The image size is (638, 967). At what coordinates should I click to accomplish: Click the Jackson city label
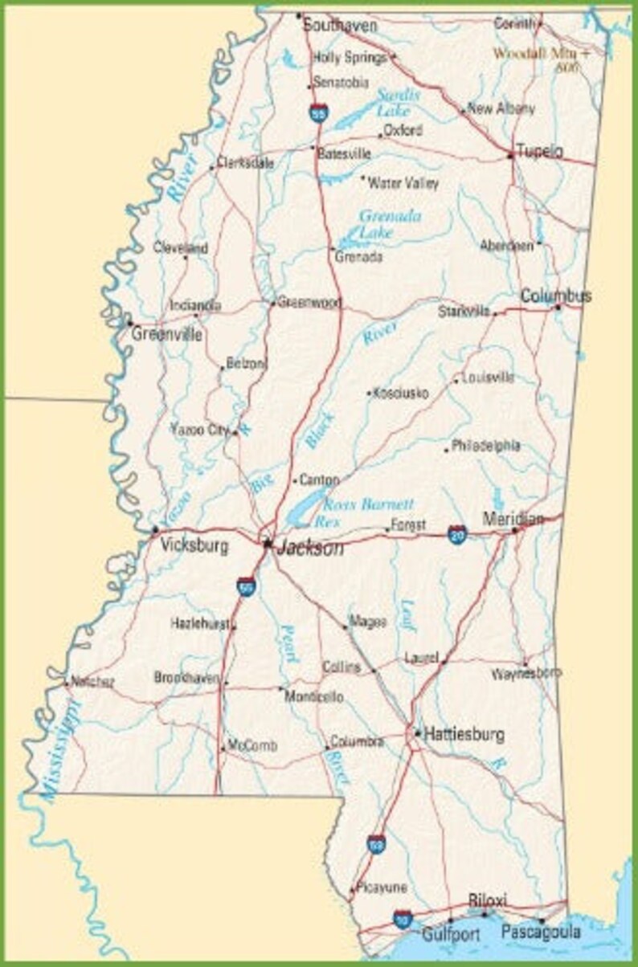coord(310,549)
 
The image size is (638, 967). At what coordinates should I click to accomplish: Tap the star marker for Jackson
coord(268,543)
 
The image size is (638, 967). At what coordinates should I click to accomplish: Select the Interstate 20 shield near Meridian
coord(457,534)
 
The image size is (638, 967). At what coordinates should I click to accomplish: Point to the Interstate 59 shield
coord(376,843)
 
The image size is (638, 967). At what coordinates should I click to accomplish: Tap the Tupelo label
coord(539,151)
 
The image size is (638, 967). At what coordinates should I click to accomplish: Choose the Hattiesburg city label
coord(464,734)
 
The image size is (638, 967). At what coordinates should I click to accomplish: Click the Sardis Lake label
coord(399,103)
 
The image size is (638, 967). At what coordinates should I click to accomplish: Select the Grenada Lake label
coord(389,224)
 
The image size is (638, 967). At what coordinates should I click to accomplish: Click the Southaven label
coord(340,26)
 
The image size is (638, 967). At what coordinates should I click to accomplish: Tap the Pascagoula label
coord(541,932)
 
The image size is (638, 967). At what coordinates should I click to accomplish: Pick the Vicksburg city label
coord(194,546)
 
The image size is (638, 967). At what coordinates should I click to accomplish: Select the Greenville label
coord(167,334)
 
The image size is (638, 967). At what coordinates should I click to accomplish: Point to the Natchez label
coord(92,682)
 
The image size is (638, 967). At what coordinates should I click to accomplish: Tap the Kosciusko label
coord(401,394)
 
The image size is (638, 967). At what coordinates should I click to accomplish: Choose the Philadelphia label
coord(485,445)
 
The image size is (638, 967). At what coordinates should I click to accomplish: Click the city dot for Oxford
coord(380,135)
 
